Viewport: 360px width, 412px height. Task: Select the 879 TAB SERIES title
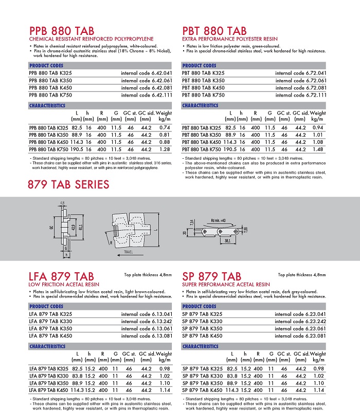click(68, 184)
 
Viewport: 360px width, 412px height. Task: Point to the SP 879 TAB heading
click(212, 277)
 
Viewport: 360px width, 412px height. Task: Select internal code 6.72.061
click(301, 81)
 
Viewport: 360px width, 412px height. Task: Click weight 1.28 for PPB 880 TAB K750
click(165, 149)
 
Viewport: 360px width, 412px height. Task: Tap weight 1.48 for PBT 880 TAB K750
click(318, 149)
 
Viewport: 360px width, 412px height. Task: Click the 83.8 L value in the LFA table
click(77, 376)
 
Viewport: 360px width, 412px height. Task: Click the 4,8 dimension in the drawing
click(62, 203)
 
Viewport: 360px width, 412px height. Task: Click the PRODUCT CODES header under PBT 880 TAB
click(199, 66)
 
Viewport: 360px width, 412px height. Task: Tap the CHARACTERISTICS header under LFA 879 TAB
click(47, 347)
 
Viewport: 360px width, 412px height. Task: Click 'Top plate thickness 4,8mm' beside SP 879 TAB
click(302, 275)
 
